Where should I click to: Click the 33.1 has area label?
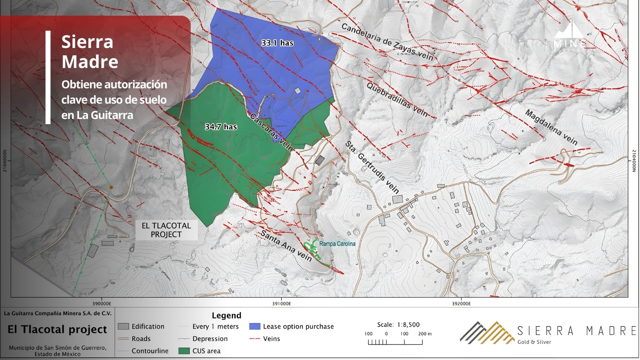pos(277,43)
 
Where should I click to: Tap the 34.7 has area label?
pos(221,127)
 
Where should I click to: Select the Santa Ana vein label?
pos(286,246)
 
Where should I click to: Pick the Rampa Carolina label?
pos(337,244)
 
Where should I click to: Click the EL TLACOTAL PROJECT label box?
pos(166,230)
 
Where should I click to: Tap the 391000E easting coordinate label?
pos(281,303)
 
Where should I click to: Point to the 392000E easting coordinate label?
pos(461,303)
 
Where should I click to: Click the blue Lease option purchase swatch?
pos(255,326)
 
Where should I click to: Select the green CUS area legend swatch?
pos(184,351)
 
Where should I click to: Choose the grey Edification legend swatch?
pos(123,326)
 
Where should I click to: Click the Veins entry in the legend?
pos(271,339)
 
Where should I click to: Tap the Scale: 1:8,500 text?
pos(398,324)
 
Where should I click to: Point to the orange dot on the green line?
pos(111,188)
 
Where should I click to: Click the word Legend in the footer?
pos(226,315)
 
